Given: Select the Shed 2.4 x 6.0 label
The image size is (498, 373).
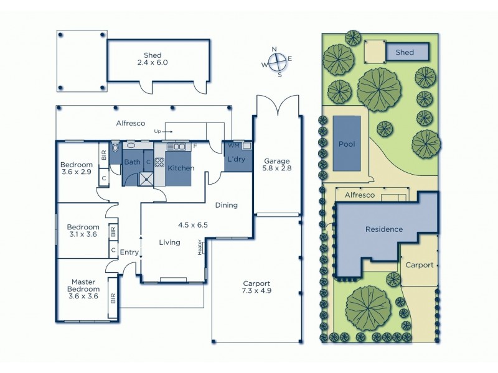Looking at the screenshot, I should pos(153,58).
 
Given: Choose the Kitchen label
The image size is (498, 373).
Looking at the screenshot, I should pos(181,168).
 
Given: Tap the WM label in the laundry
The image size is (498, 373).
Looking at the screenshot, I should pos(233,145).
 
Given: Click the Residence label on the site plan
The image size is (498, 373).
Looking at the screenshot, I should pos(383,229).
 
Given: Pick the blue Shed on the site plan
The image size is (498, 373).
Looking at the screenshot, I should pos(408,52).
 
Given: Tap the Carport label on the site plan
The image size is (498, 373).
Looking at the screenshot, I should pos(419,264).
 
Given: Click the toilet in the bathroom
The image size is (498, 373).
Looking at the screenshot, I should pos(115,150).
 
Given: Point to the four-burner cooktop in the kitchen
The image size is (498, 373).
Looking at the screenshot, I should pos(159,163).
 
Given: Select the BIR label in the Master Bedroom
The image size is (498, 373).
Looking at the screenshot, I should pos(113,299).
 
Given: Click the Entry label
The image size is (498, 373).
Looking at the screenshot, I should pos(129,252).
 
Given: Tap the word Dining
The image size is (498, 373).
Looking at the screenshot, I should pos(227,205).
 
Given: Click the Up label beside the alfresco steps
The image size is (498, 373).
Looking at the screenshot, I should pos(157,131).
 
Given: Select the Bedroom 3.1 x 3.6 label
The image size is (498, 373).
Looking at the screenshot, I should pos(83,231).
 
